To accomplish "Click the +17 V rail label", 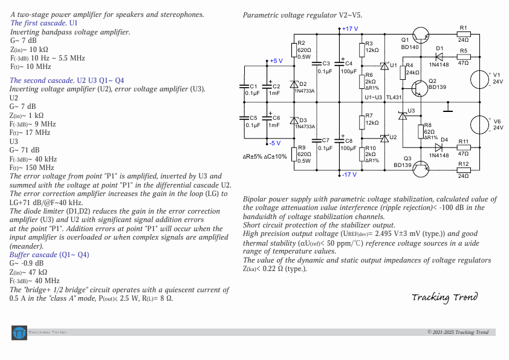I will click(349, 28).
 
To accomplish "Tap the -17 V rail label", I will click(349, 175).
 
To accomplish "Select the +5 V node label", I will click(276, 61).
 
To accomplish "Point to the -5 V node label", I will click(275, 143).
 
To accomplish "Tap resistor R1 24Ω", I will click(464, 34).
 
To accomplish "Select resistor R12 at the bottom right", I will click(464, 170).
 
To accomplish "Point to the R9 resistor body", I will click(294, 154).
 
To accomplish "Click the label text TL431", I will click(394, 97).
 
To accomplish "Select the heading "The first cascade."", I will click(39, 22).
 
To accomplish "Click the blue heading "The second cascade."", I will click(42, 80).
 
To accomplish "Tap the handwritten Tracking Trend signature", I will click(444, 296).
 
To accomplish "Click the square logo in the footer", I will click(19, 332).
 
